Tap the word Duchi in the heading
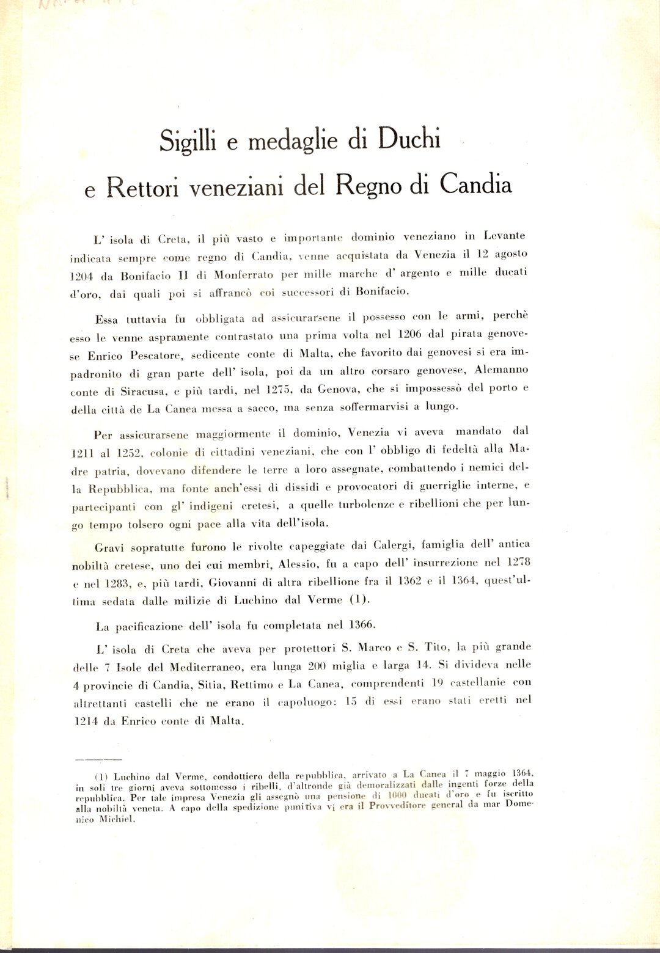tap(409, 139)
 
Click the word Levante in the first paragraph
tap(504, 235)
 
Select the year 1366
tap(362, 624)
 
